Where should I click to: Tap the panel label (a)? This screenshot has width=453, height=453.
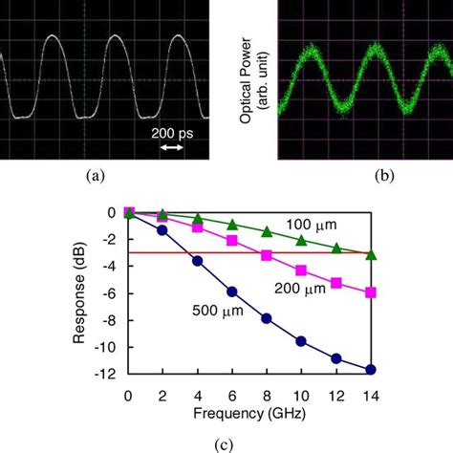95,175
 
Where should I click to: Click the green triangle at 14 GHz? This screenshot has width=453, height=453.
371,254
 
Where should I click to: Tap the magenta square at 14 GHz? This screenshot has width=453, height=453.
371,292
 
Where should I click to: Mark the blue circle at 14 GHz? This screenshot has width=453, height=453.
371,369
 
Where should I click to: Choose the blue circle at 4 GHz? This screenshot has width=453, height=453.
197,260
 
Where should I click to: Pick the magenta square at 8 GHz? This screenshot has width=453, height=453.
266,255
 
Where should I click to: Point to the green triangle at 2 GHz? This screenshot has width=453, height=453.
162,214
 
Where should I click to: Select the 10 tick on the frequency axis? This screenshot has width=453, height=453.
300,394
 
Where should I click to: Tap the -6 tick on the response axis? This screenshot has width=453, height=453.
114,292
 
